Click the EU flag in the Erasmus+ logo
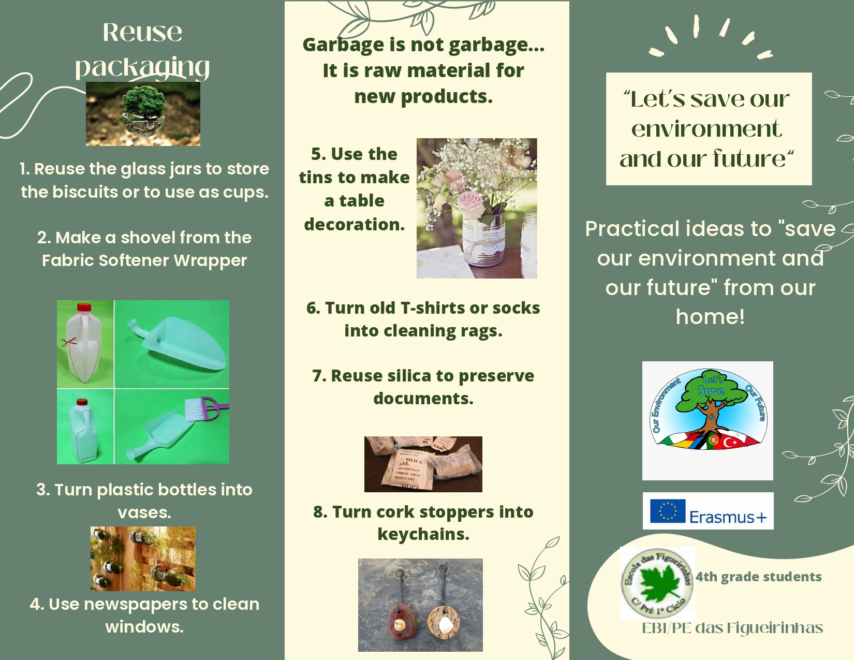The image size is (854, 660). (668, 511)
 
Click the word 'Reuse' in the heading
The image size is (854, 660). (142, 32)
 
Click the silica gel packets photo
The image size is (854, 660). (423, 464)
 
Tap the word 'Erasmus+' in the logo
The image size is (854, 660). (728, 517)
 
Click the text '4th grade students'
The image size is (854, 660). (758, 577)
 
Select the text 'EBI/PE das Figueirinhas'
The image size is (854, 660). (732, 628)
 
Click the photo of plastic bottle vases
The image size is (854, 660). (143, 559)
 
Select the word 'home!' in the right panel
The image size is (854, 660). (710, 316)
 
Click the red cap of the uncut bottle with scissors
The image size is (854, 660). (84, 307)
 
